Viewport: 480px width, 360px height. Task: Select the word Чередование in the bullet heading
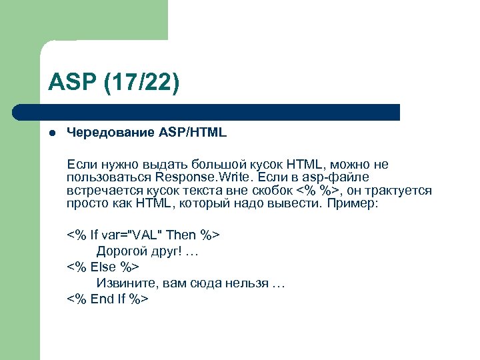[x=110, y=133]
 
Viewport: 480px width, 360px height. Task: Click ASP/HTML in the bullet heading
[x=193, y=133]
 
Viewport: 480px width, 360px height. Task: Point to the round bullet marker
[x=51, y=133]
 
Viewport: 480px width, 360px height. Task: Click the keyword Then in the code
[x=181, y=235]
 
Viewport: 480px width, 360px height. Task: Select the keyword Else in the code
[x=103, y=267]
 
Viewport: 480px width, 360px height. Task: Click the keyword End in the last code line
[x=102, y=299]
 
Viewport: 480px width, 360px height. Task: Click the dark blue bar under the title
[x=220, y=111]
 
